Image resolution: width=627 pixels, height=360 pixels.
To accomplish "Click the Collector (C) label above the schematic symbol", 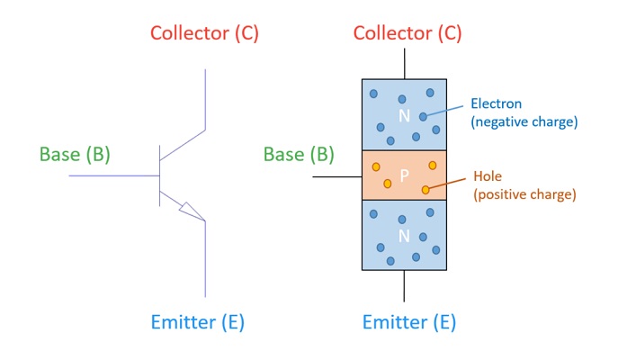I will pyautogui.click(x=204, y=34).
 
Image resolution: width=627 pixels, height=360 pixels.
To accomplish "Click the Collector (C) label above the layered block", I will pyautogui.click(x=407, y=34).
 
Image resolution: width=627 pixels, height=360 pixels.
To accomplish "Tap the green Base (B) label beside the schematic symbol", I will pyautogui.click(x=74, y=154).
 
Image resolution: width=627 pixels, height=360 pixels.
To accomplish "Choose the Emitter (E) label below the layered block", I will pyautogui.click(x=408, y=322).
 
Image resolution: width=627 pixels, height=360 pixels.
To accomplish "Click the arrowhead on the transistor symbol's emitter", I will pyautogui.click(x=191, y=211).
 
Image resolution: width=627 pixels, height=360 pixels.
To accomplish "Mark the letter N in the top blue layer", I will pyautogui.click(x=404, y=116).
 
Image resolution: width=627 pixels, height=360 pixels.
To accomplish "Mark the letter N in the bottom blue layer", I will pyautogui.click(x=404, y=237).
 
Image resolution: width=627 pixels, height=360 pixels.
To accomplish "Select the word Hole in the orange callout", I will pyautogui.click(x=487, y=177).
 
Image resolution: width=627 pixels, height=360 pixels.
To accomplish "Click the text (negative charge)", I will pyautogui.click(x=524, y=121).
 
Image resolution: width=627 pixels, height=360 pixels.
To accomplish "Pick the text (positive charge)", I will pyautogui.click(x=524, y=193).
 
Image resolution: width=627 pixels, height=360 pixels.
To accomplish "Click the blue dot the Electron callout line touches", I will pyautogui.click(x=423, y=116).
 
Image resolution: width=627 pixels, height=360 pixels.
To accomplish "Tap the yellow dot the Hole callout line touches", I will pyautogui.click(x=425, y=190).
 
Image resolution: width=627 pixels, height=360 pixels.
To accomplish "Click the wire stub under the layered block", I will pyautogui.click(x=404, y=285).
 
